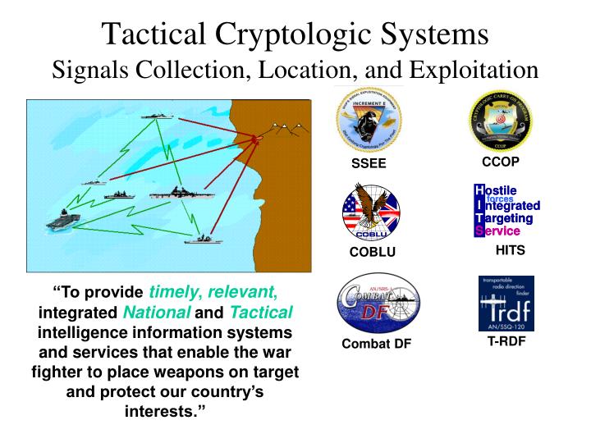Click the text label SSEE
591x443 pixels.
[x=369, y=164]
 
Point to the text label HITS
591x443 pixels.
[x=510, y=249]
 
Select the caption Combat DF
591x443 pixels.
[x=377, y=343]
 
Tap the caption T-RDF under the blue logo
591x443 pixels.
[x=505, y=341]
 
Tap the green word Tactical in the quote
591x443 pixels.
[x=260, y=313]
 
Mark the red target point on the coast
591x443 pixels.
[x=257, y=140]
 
